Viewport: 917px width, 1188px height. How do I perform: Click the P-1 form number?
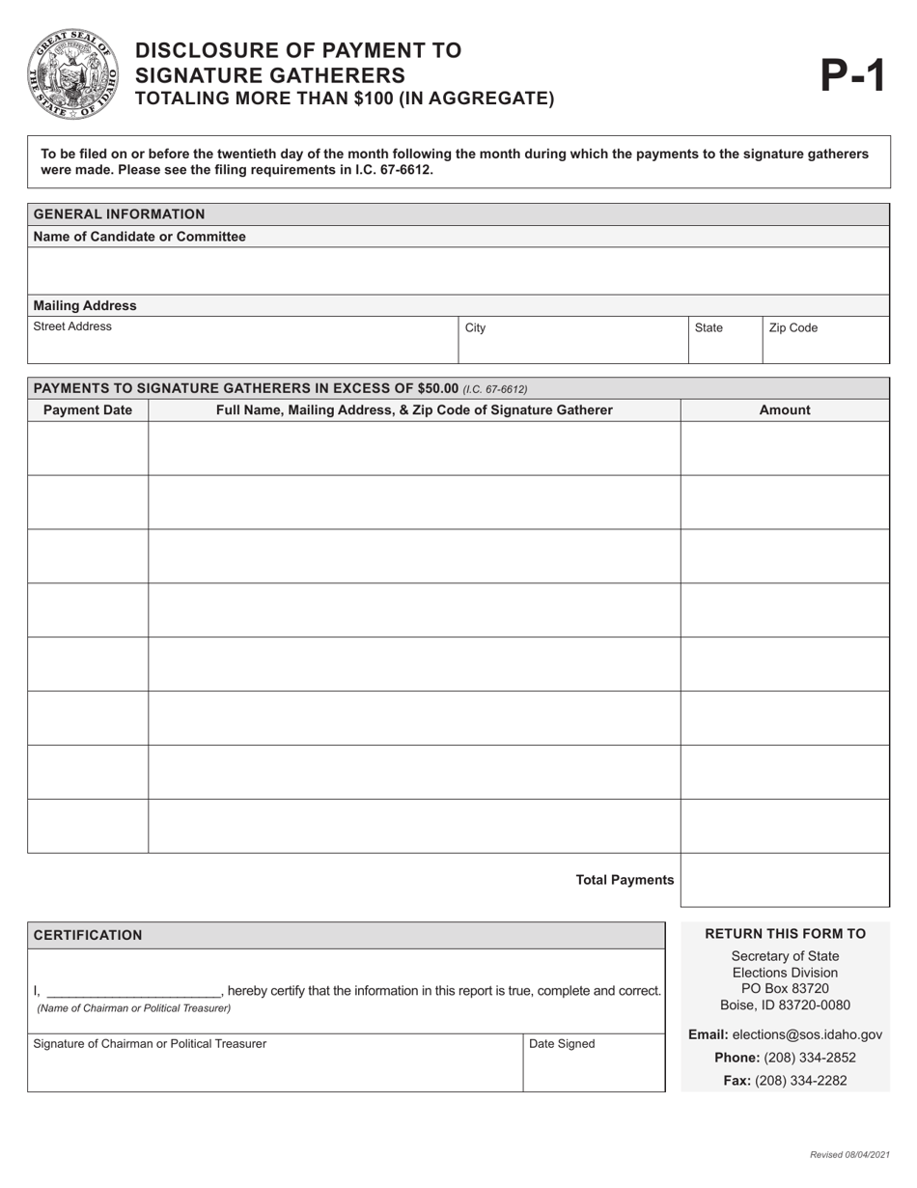click(852, 75)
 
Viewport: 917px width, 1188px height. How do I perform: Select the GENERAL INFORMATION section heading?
click(119, 213)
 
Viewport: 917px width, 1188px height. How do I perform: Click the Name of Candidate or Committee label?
click(139, 236)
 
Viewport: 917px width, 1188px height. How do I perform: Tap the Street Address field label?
click(72, 327)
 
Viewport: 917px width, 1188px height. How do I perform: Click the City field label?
click(475, 327)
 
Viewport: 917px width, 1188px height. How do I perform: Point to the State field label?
click(709, 327)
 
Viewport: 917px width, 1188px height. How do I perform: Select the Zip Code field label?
click(792, 327)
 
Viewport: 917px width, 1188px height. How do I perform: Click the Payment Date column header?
click(88, 410)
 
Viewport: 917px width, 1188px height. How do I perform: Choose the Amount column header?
click(785, 410)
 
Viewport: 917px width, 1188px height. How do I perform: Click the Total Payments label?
click(625, 880)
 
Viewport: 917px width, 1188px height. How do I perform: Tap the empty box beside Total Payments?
click(785, 880)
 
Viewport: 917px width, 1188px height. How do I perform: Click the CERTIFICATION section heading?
click(88, 935)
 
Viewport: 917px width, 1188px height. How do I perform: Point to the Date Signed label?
click(562, 1043)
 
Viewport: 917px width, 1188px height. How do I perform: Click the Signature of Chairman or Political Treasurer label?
click(151, 1043)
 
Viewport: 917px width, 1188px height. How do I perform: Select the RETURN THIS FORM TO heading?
click(785, 933)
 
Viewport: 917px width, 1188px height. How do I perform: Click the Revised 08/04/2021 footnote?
click(848, 1155)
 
